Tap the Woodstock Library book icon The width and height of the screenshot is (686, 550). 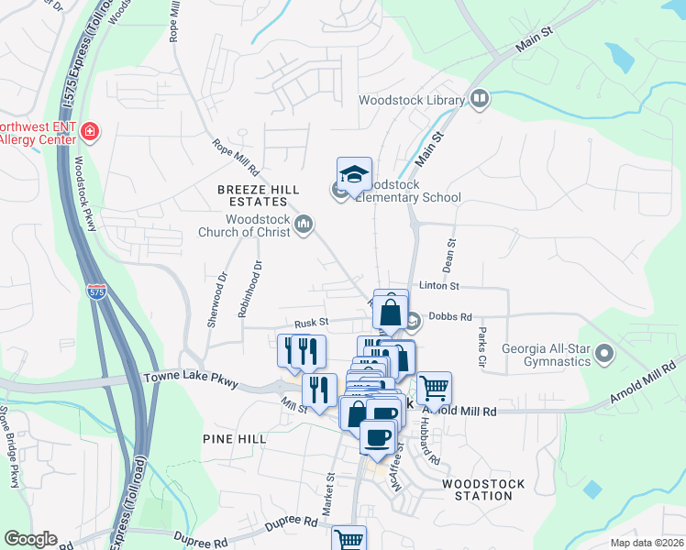479,98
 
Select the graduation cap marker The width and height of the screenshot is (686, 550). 353,173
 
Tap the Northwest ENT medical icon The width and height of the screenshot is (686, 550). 90,132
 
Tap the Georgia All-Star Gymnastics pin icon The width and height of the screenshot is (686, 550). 603,352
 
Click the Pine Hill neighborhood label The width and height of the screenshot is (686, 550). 235,439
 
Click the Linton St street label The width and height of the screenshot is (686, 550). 438,288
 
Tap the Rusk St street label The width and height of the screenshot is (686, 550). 311,323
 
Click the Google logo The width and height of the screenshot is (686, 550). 30,539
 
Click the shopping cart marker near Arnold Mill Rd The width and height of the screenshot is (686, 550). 433,387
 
